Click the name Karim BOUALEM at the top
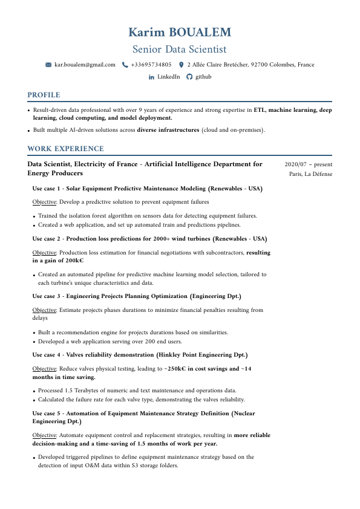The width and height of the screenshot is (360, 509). pyautogui.click(x=180, y=32)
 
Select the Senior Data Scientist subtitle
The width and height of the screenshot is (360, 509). pyautogui.click(x=180, y=49)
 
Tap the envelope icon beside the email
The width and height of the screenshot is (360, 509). pyautogui.click(x=48, y=65)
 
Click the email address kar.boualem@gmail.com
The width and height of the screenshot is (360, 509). pyautogui.click(x=85, y=65)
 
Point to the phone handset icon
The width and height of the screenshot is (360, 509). pyautogui.click(x=125, y=65)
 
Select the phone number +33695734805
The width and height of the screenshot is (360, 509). pyautogui.click(x=151, y=65)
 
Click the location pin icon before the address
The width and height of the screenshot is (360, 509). pyautogui.click(x=181, y=65)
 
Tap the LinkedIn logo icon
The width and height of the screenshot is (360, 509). pyautogui.click(x=151, y=77)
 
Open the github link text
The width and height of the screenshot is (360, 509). pyautogui.click(x=203, y=77)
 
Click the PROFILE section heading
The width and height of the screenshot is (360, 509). pyautogui.click(x=44, y=95)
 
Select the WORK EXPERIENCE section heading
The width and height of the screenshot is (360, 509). pyautogui.click(x=65, y=149)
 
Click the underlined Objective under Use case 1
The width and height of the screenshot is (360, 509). pyautogui.click(x=44, y=202)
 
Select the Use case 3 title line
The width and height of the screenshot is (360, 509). pyautogui.click(x=137, y=296)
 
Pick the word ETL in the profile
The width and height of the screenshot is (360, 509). pyautogui.click(x=260, y=111)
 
